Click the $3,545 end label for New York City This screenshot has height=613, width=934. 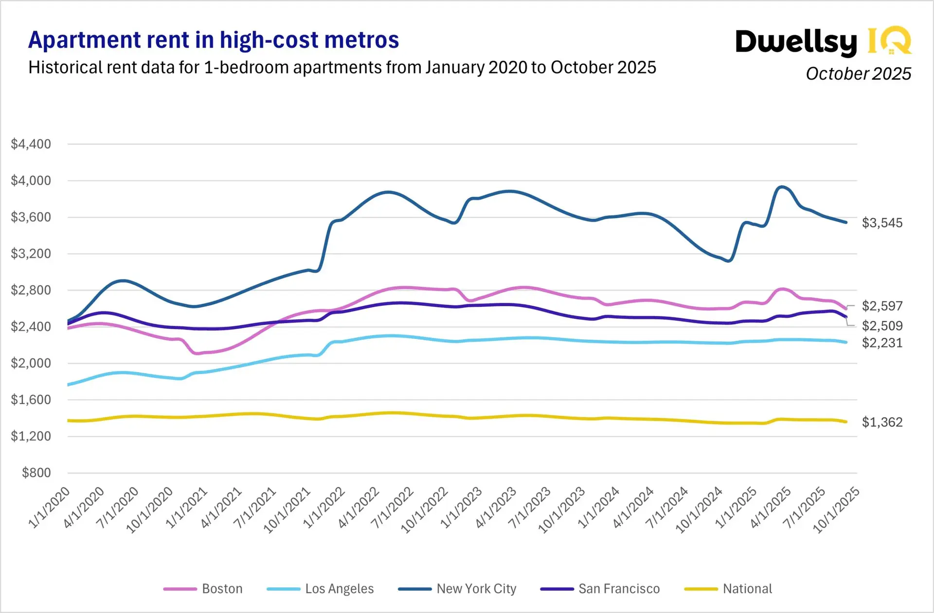click(882, 223)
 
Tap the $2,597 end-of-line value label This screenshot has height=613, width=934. click(882, 306)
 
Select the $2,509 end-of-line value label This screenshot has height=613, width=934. click(882, 326)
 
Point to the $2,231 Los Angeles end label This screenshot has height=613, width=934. click(882, 343)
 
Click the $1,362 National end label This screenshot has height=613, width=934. click(882, 422)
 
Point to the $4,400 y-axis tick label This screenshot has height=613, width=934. click(31, 144)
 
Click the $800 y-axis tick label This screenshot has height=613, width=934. click(36, 473)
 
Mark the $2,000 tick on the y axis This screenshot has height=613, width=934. click(31, 363)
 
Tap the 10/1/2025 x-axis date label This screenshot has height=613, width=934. click(836, 510)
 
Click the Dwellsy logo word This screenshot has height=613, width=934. click(796, 42)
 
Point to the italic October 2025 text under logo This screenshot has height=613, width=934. click(858, 74)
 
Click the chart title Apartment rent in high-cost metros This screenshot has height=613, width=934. click(214, 40)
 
